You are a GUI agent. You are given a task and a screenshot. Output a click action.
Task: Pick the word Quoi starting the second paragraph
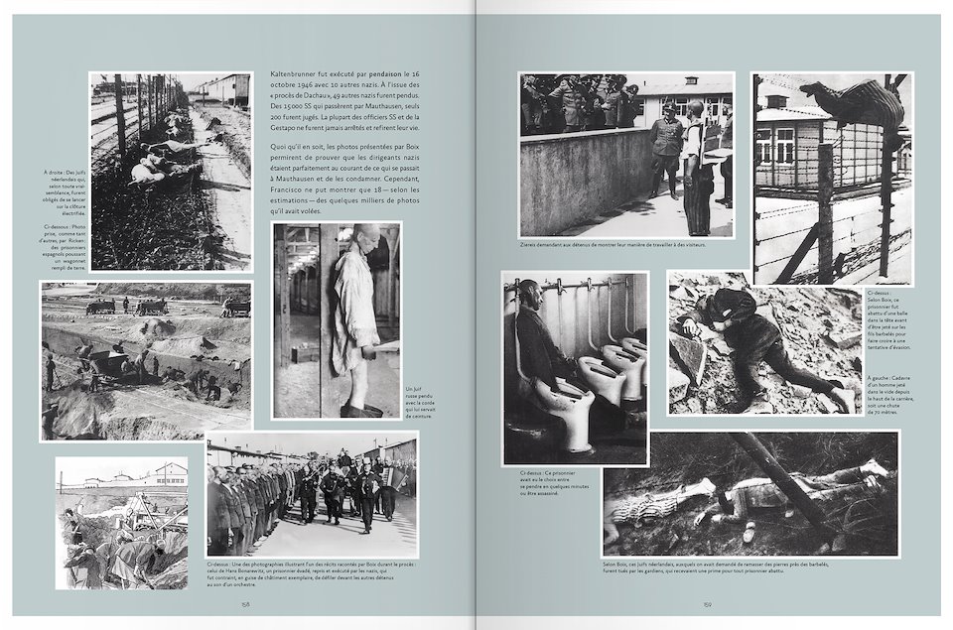279,147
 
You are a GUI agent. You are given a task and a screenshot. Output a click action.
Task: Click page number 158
244,601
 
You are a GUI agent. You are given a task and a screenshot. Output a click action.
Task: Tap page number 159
708,601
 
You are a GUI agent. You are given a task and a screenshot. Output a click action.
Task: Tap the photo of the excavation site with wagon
145,360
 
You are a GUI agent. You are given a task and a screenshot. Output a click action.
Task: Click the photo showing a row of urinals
575,367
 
